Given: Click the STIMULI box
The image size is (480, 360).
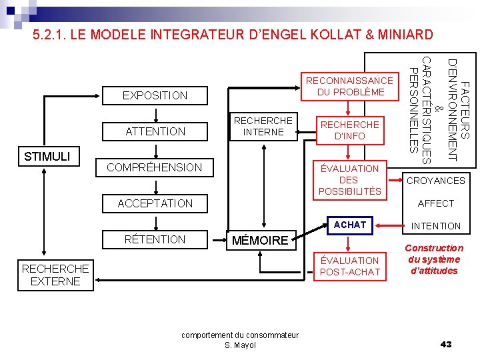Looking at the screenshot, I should point(51,156).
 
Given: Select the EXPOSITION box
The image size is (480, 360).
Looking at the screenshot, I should point(155,95).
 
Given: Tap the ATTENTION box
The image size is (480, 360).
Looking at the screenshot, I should point(155,131).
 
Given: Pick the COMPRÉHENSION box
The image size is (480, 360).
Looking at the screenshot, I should point(155,167).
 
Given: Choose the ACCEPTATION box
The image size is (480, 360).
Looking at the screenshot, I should point(155,203).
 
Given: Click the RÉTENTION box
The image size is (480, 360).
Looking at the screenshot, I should point(155,239).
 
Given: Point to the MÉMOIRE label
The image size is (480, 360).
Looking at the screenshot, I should point(260,240).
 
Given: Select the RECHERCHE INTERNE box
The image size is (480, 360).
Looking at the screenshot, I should point(263,126).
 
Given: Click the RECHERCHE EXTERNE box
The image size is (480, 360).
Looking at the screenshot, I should point(55,275).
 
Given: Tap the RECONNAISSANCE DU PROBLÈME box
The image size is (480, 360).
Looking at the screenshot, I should point(349,86).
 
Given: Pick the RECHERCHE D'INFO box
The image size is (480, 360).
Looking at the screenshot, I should point(349,130).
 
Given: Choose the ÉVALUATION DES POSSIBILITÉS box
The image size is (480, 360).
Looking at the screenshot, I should point(349,180).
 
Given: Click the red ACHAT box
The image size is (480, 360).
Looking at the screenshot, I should point(349,225).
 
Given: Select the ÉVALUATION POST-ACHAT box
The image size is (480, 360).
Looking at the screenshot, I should point(349,266).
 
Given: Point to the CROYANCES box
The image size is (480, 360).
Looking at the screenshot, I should point(436,181).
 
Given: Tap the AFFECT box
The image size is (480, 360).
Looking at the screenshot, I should point(436,203).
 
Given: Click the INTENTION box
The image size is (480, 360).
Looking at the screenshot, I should point(436,226).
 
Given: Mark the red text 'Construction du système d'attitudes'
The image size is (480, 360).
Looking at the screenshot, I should point(435,259).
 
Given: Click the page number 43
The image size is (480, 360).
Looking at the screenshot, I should point(446,344).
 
